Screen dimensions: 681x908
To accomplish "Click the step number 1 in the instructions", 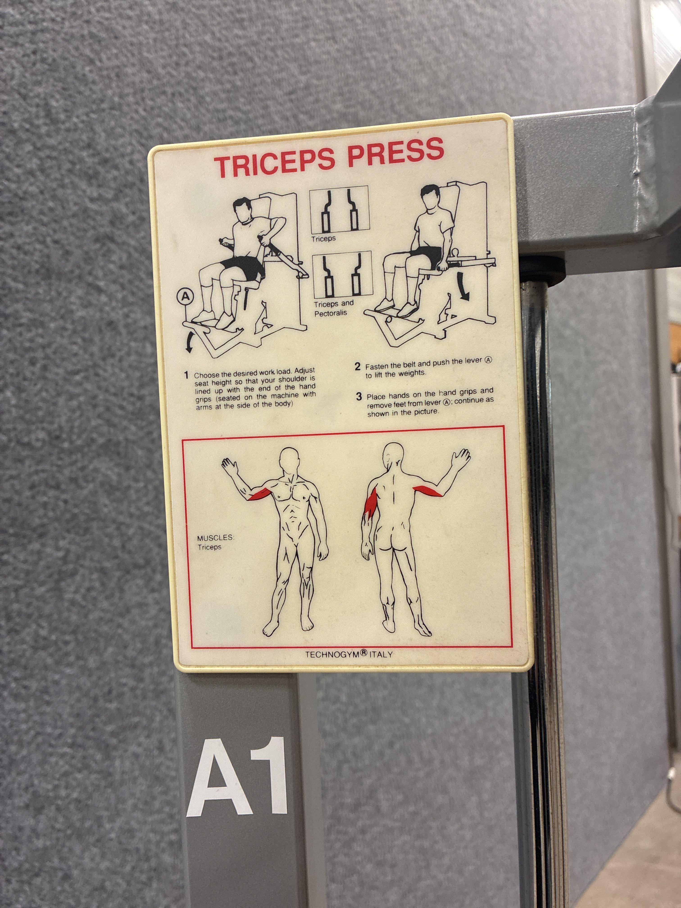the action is point(186,375).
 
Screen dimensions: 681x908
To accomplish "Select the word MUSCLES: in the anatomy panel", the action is point(216,538).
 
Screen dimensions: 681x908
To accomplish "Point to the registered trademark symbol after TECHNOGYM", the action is point(364,652).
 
